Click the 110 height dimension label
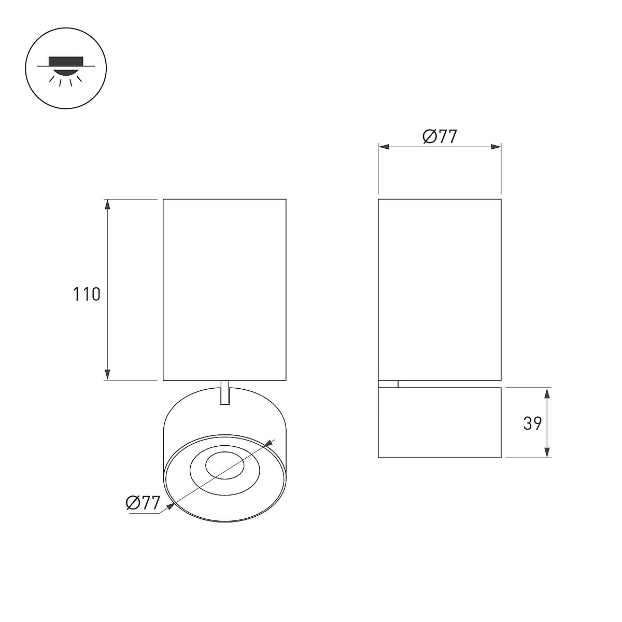tap(87, 294)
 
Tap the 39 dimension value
tap(532, 423)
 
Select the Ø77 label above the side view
tap(440, 136)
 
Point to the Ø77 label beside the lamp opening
tap(143, 502)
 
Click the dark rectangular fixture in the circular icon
tap(66, 61)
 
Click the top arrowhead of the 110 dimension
tap(107, 204)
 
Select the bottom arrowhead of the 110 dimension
tap(107, 375)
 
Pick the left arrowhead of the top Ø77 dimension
tap(384, 147)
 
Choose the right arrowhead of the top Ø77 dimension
tap(496, 147)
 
